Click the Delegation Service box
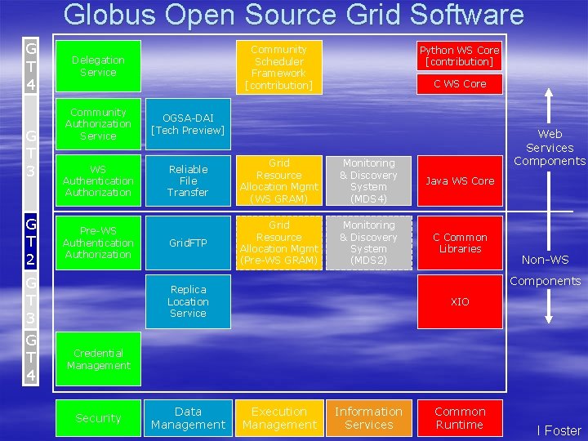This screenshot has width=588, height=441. coord(98,66)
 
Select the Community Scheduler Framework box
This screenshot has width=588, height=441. coord(278,67)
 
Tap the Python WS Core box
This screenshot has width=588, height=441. coord(459,56)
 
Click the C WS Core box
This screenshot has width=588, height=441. coord(459,83)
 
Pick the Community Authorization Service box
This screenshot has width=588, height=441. coord(98,124)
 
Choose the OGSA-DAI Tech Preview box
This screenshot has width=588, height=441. coord(188,124)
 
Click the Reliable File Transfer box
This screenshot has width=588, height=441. coord(188,180)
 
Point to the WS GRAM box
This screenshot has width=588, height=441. coord(278,180)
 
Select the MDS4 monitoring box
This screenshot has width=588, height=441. coord(368,180)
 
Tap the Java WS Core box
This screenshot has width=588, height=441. coord(459,180)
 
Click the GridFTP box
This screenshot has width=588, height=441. coord(188,243)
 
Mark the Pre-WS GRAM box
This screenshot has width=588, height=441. coord(278,243)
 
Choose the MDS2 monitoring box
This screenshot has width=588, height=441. coord(368,243)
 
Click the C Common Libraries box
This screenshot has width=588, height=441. coord(459,243)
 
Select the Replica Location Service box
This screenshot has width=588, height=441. coord(188,301)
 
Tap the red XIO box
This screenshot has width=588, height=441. coord(459,301)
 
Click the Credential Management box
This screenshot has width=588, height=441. coord(98,359)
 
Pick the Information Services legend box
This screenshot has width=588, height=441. coord(368,418)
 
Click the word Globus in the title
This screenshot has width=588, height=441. coord(111,15)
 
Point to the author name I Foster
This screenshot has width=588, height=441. coord(559,430)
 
